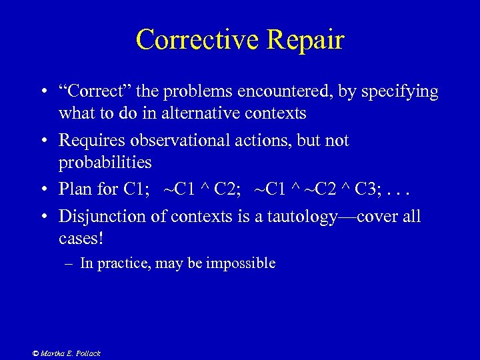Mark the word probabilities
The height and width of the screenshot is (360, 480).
coord(105,162)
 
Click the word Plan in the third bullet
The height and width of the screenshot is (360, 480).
coord(73,189)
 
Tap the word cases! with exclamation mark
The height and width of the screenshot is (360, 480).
coord(81,237)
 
